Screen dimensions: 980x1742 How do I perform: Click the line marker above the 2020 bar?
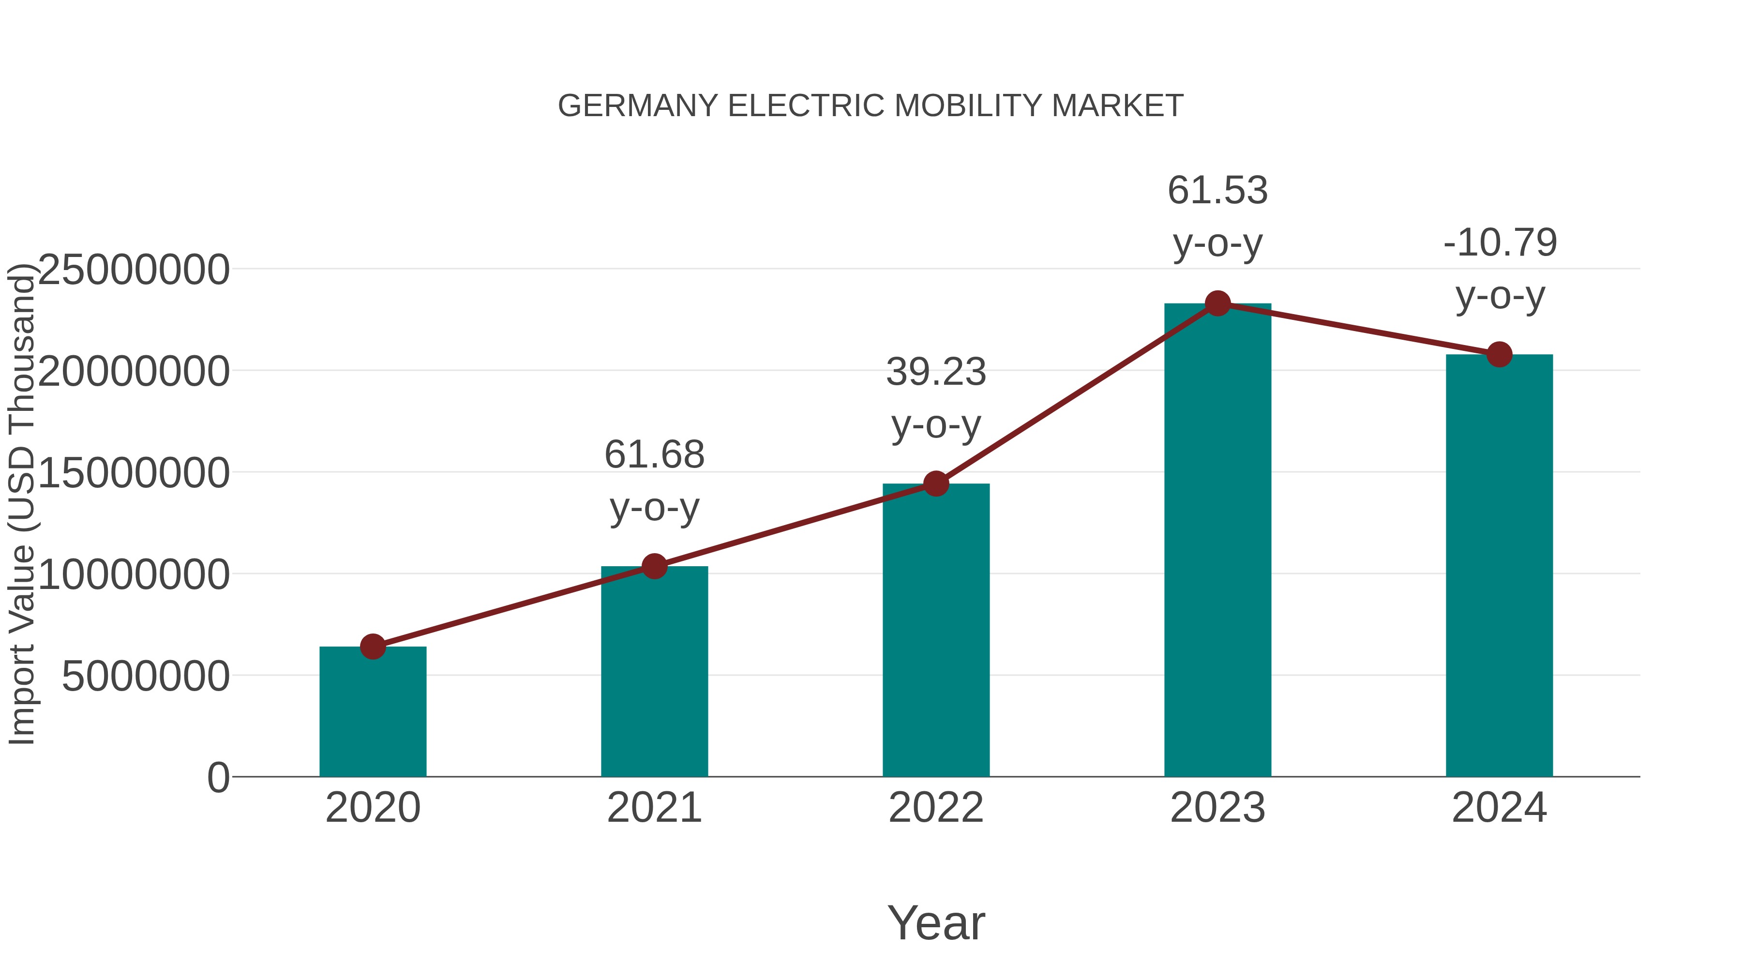(373, 647)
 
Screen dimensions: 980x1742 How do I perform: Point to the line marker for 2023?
(1217, 303)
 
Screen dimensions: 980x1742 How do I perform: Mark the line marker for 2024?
(1499, 354)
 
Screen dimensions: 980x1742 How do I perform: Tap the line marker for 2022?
(936, 483)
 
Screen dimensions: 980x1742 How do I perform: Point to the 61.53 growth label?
(1217, 216)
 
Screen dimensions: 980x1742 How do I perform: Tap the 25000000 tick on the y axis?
(134, 270)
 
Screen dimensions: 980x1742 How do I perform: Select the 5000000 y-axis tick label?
(145, 676)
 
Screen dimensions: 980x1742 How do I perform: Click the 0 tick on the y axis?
(218, 777)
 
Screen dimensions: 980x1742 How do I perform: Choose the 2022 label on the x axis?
(936, 808)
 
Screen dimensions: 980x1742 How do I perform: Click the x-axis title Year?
(936, 922)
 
